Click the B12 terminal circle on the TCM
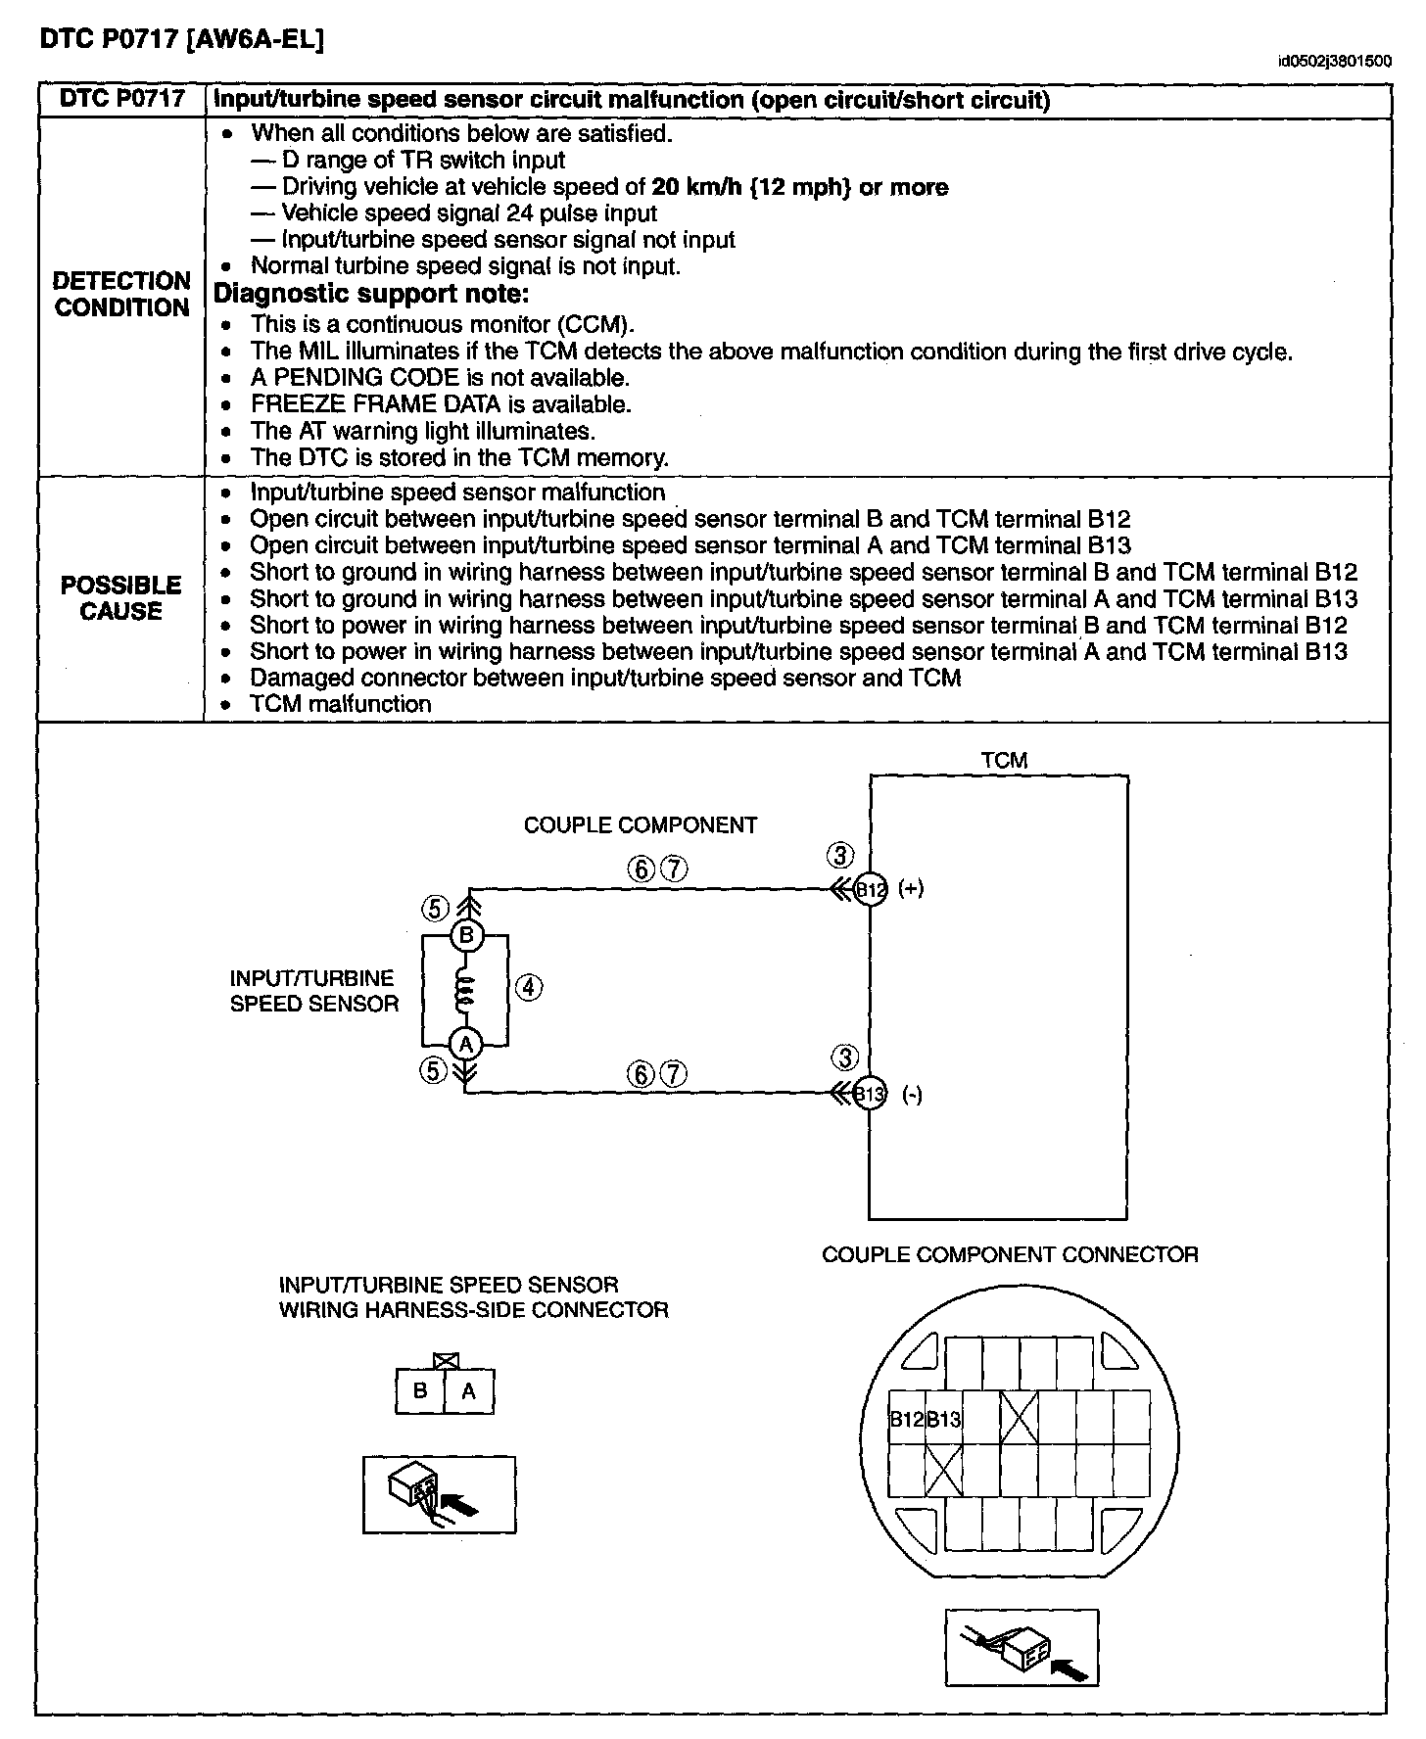[871, 889]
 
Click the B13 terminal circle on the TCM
[871, 1094]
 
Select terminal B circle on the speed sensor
[466, 936]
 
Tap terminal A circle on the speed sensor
[466, 1044]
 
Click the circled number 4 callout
[528, 987]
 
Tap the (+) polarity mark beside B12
[911, 889]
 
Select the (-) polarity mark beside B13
[912, 1096]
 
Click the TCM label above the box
[1004, 760]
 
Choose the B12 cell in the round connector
[906, 1419]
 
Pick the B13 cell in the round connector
[944, 1419]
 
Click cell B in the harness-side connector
[420, 1390]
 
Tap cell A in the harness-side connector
[468, 1390]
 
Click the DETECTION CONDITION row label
[121, 294]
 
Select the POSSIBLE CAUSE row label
[121, 598]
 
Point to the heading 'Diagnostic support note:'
[371, 294]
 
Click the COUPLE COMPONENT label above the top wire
[641, 825]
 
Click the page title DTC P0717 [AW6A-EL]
[181, 39]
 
